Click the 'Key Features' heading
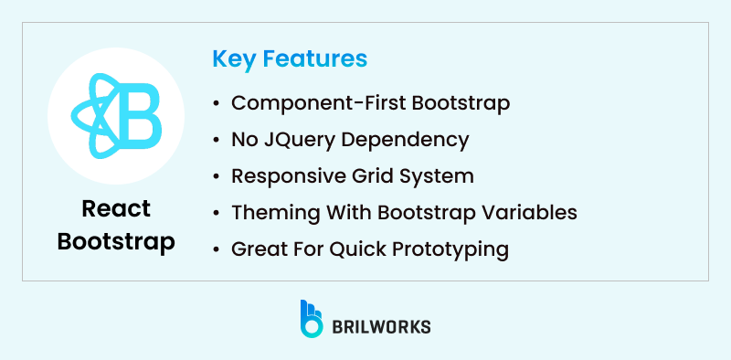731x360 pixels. (x=290, y=59)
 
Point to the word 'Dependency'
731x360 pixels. (x=402, y=140)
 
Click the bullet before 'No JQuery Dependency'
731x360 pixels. (x=216, y=141)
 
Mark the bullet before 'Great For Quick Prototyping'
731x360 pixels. (x=216, y=249)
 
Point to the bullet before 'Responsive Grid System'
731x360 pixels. (x=216, y=176)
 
